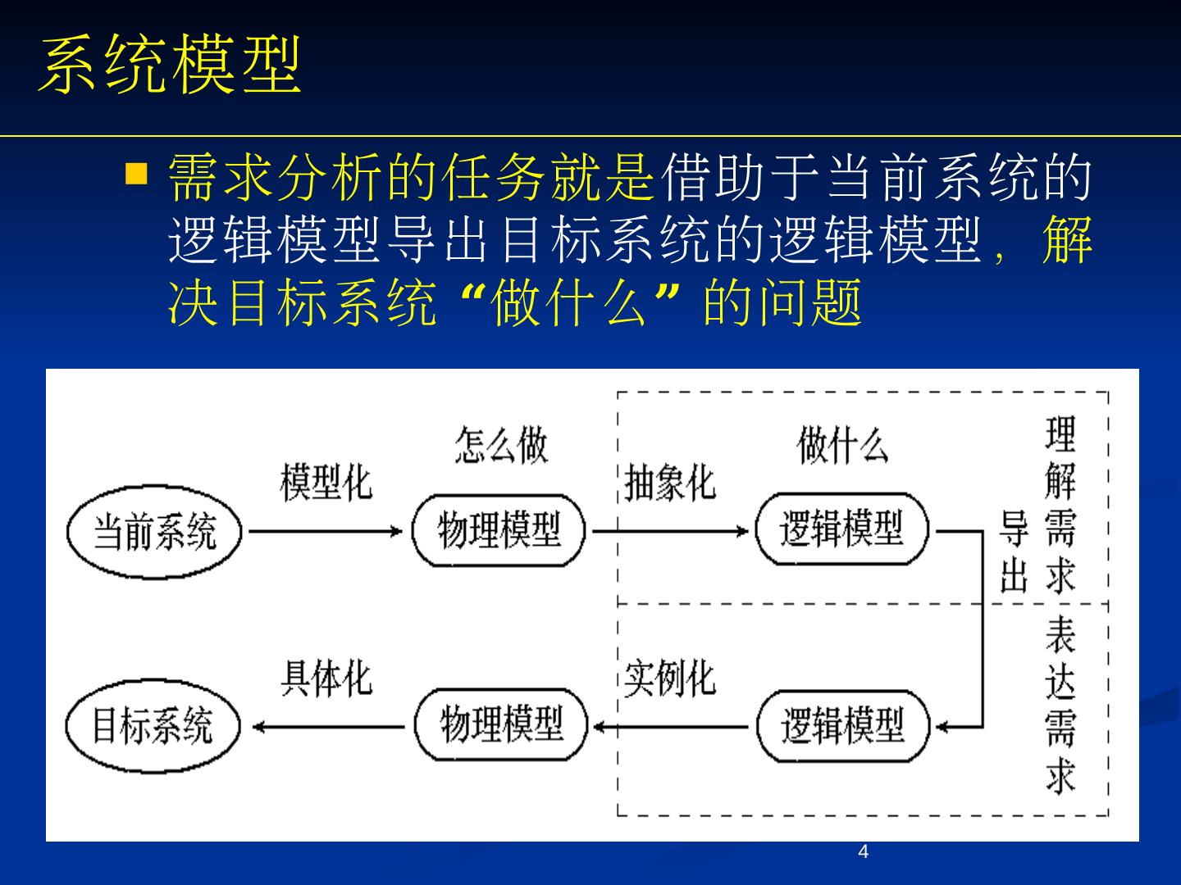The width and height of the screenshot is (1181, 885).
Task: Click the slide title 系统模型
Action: pos(171,65)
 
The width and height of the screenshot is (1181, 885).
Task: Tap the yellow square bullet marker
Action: pos(136,174)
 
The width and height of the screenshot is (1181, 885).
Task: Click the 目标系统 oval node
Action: pos(153,726)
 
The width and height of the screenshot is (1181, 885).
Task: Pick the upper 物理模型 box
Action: pos(499,531)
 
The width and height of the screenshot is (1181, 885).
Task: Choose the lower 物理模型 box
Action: pos(501,726)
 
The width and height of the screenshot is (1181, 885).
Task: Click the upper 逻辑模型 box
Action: pos(842,531)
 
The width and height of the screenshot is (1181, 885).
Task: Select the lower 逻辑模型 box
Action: pos(843,726)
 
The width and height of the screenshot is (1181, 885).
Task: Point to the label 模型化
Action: pos(326,482)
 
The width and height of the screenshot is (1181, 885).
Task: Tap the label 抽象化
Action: pos(669,482)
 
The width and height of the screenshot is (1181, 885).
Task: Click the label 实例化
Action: pos(669,678)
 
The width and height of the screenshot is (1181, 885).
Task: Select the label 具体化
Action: pos(326,678)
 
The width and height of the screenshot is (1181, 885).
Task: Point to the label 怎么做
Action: pos(501,445)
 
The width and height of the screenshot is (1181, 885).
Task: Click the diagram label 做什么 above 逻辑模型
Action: pos(842,445)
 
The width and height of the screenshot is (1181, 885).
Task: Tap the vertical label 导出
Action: pos(1014,551)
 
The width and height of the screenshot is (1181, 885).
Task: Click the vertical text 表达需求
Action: pos(1060,705)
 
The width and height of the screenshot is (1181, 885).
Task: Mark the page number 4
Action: pos(863,852)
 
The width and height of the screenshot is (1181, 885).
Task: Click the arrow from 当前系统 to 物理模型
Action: pos(326,531)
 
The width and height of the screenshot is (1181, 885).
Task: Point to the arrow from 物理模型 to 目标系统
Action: pos(328,726)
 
